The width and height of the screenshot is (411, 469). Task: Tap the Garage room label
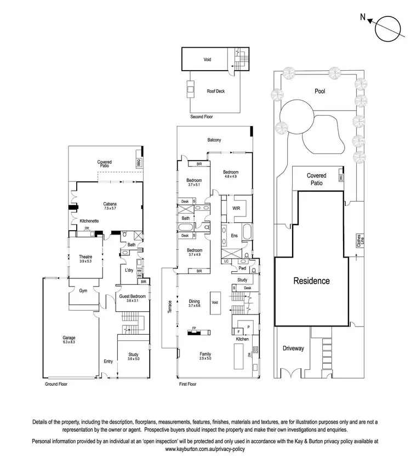(x=68, y=338)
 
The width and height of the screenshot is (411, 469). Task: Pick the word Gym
(x=83, y=290)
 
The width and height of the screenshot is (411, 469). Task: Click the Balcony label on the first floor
(x=214, y=140)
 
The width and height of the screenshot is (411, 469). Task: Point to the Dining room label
(x=194, y=301)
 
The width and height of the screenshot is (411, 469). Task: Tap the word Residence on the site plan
(x=312, y=281)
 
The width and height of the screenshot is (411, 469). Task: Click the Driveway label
(x=293, y=348)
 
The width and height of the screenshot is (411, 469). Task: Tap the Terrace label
(x=170, y=310)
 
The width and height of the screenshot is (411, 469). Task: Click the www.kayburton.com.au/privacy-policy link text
(x=205, y=448)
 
